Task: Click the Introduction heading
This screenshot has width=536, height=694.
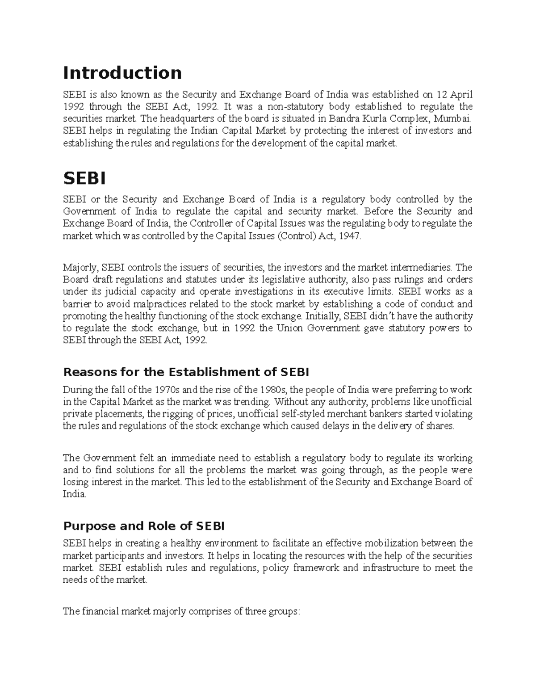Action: [122, 73]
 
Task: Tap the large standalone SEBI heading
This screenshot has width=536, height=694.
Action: [84, 179]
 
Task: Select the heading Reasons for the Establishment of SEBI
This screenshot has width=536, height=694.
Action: [186, 372]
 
